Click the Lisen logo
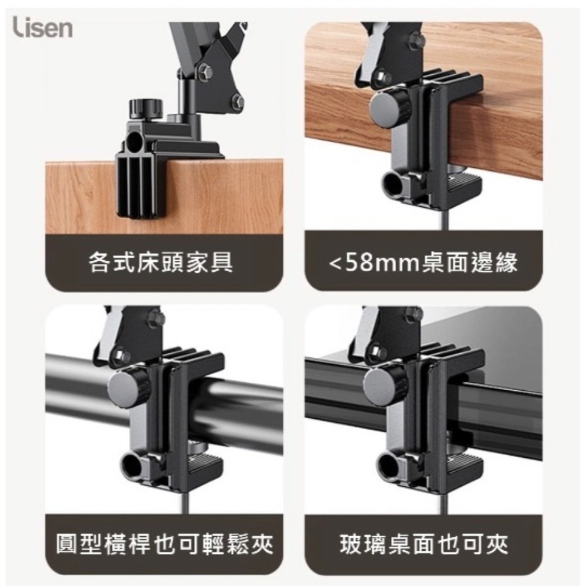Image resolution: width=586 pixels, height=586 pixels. coord(43,27)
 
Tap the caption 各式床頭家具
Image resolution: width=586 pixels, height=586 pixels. coord(160,262)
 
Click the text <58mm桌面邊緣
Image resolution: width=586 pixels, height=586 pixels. coord(424,263)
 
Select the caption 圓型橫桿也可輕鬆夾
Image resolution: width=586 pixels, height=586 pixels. coord(165,545)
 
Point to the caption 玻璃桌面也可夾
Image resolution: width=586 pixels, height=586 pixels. coord(424,545)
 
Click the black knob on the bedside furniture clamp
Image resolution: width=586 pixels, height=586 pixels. coord(146,108)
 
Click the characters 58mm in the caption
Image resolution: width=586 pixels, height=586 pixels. coord(381,263)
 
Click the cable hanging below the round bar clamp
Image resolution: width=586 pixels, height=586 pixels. coord(187,500)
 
